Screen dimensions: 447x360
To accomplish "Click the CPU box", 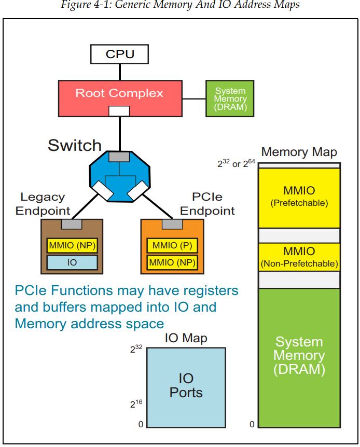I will tap(119, 54).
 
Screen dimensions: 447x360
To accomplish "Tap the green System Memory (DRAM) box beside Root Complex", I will tap(230, 98).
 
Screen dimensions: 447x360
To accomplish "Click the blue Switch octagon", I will tap(120, 176).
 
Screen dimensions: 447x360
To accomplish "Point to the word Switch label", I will tap(75, 145).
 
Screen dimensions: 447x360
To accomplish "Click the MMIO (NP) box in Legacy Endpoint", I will tap(72, 245).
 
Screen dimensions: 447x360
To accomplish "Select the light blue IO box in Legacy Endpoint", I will tap(72, 262).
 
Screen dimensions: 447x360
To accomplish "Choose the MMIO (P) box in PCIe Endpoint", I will tap(172, 245).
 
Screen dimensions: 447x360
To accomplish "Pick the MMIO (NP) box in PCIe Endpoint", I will tap(172, 262).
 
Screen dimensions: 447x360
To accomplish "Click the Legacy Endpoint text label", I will tap(43, 204).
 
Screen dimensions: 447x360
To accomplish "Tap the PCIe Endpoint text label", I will tap(207, 204).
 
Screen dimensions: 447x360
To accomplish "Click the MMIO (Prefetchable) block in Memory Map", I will tap(299, 198).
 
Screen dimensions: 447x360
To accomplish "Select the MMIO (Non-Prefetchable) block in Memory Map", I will tap(299, 257).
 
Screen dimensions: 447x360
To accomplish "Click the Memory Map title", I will tap(299, 152).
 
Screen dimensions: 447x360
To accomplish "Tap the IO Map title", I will tap(186, 339).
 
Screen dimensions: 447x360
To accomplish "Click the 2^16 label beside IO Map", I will tap(136, 403).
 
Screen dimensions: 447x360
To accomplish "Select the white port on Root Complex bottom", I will tap(119, 111).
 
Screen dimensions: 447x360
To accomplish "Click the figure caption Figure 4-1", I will tap(180, 6).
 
